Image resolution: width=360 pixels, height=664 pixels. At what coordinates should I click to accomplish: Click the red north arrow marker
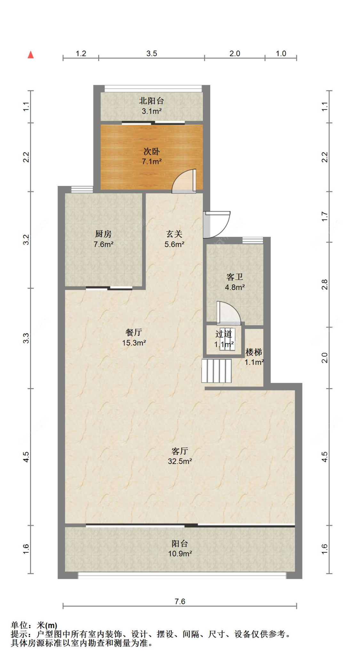pyautogui.click(x=31, y=55)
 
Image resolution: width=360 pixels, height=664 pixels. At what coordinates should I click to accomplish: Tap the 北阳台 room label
pyautogui.click(x=151, y=101)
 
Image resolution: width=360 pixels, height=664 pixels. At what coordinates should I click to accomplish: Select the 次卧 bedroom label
pyautogui.click(x=151, y=151)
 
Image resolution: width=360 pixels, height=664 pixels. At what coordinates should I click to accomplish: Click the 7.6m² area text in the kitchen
pyautogui.click(x=103, y=244)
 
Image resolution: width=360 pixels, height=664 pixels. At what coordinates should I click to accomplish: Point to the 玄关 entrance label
pyautogui.click(x=174, y=234)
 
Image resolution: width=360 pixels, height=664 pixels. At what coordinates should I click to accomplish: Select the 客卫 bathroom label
pyautogui.click(x=235, y=277)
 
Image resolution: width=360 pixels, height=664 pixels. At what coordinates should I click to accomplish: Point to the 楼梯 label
pyautogui.click(x=254, y=352)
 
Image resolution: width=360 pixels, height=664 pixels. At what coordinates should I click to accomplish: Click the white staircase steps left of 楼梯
pyautogui.click(x=216, y=371)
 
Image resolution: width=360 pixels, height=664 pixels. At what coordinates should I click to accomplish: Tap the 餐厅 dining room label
pyautogui.click(x=134, y=332)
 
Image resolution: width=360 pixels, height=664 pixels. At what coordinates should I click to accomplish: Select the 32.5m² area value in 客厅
pyautogui.click(x=180, y=461)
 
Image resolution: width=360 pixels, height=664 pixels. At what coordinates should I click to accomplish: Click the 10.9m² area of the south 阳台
pyautogui.click(x=180, y=554)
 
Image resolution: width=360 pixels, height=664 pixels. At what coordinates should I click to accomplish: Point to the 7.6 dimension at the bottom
pyautogui.click(x=180, y=601)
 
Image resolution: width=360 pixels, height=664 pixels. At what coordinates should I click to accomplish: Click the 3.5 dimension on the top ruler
pyautogui.click(x=151, y=53)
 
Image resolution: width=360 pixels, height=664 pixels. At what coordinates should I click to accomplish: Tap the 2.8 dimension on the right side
pyautogui.click(x=324, y=284)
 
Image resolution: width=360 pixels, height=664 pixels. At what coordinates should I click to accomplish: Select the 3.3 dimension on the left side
pyautogui.click(x=26, y=338)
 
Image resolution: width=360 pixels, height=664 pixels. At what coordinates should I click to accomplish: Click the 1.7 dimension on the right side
pyautogui.click(x=324, y=217)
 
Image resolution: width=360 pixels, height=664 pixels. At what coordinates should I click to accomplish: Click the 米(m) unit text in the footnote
pyautogui.click(x=47, y=625)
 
